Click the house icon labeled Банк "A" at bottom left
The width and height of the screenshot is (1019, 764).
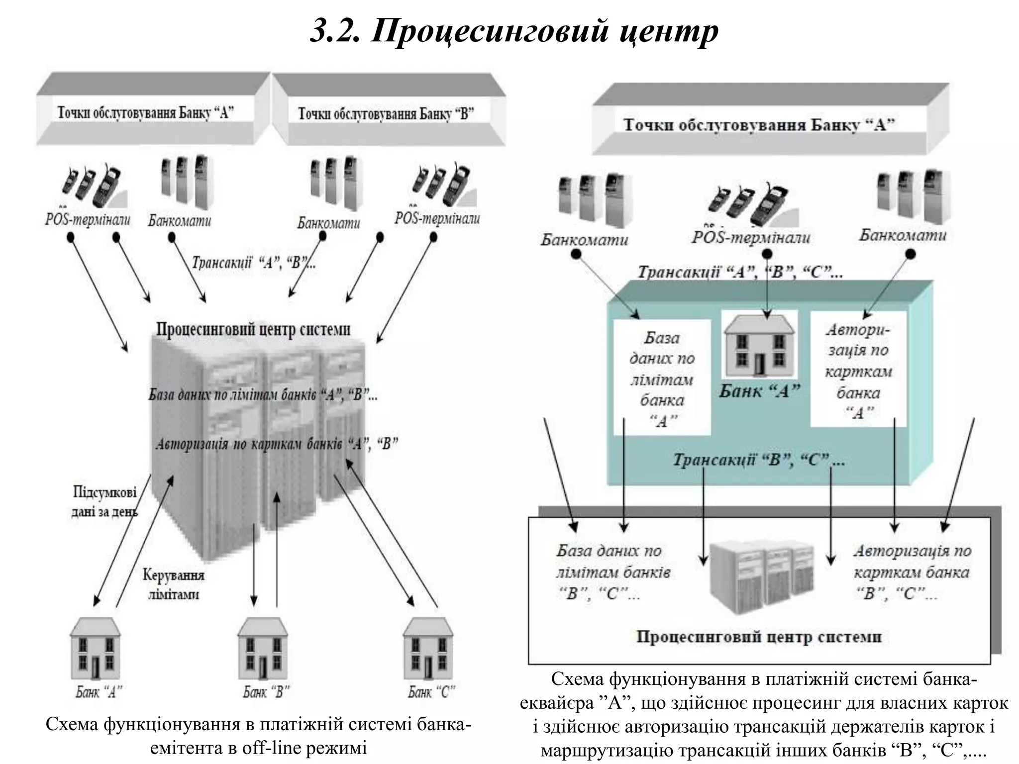[95, 648]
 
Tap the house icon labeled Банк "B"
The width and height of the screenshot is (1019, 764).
[262, 648]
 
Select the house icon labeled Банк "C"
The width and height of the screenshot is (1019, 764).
[428, 648]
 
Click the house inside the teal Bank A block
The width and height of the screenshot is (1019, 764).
[758, 346]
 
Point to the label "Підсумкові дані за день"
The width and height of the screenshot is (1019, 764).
[104, 501]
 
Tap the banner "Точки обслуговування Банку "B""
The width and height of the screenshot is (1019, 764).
[386, 114]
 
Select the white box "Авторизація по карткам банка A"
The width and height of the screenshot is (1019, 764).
[858, 371]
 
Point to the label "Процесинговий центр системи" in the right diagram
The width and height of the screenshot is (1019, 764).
[759, 637]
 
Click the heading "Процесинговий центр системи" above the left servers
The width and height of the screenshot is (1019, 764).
[253, 329]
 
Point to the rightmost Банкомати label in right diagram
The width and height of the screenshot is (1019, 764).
[902, 235]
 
